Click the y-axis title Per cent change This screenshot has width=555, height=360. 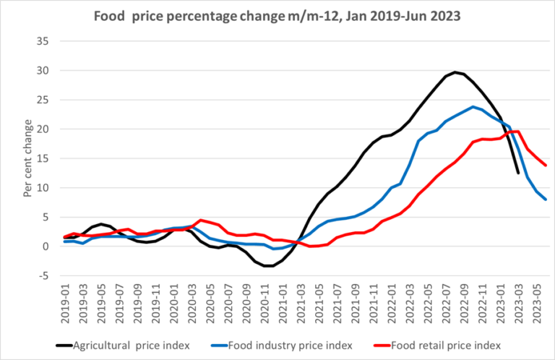pos(27,158)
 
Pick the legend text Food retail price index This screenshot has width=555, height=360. pos(453,345)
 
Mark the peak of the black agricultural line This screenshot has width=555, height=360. pos(455,72)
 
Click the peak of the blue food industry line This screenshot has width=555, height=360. pos(473,107)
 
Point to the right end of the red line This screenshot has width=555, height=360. pos(545,166)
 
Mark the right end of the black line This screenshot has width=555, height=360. pos(518,173)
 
